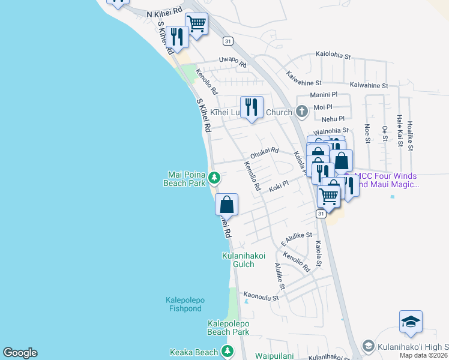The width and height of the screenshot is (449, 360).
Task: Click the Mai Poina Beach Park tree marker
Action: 214,178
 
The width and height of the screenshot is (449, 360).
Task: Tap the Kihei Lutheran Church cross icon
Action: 301,112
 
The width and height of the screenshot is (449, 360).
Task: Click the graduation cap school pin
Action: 411,322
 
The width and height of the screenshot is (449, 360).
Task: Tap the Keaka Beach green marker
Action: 228,351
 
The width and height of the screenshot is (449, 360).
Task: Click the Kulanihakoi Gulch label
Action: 244,260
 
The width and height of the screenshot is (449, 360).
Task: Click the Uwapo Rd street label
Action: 232,62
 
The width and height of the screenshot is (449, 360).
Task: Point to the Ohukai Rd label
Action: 265,151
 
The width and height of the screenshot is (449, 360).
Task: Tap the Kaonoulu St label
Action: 261,296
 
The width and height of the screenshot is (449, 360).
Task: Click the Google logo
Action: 20,353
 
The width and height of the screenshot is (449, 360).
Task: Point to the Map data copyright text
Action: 424,355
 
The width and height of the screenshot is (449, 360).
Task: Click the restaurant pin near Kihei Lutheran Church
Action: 252,108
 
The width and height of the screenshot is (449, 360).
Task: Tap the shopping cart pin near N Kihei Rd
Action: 196,25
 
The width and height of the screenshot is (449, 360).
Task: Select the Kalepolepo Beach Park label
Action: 228,328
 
